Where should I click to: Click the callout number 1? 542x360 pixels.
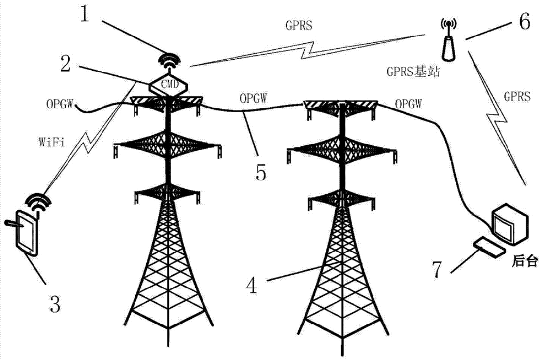click(84, 14)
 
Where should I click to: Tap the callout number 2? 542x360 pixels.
click(66, 64)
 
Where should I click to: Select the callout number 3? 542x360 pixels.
click(55, 304)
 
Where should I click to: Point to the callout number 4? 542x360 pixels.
click(252, 286)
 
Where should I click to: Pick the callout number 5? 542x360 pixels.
click(261, 172)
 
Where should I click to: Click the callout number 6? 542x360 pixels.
click(524, 21)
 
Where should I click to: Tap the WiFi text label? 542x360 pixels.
click(52, 142)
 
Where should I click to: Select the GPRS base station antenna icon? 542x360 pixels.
click(448, 40)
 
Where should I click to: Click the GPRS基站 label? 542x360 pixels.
click(413, 71)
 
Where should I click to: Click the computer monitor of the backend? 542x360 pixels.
click(509, 224)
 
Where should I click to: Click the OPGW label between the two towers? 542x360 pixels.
click(253, 98)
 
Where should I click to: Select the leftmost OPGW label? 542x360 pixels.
click(60, 104)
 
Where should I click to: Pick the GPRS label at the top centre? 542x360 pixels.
click(299, 25)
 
